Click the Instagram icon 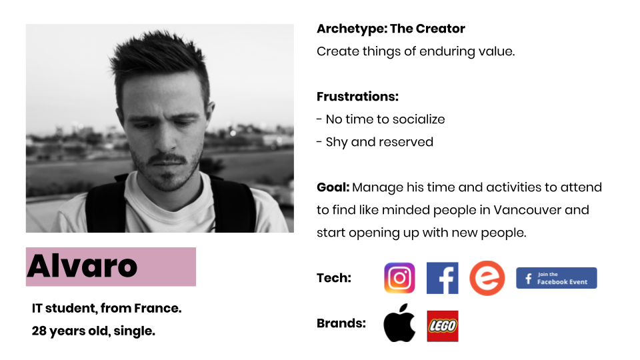[x=399, y=278]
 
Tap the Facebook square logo [x=443, y=278]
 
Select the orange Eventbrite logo [x=487, y=278]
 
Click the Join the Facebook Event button [x=556, y=278]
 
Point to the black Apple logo [x=399, y=323]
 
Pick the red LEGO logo [x=443, y=326]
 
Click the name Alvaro [x=82, y=266]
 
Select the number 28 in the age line [x=39, y=331]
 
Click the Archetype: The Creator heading [x=391, y=29]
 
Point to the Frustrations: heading [x=357, y=96]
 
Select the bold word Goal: [x=333, y=187]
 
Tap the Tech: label [x=334, y=278]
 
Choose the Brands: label [x=341, y=323]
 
